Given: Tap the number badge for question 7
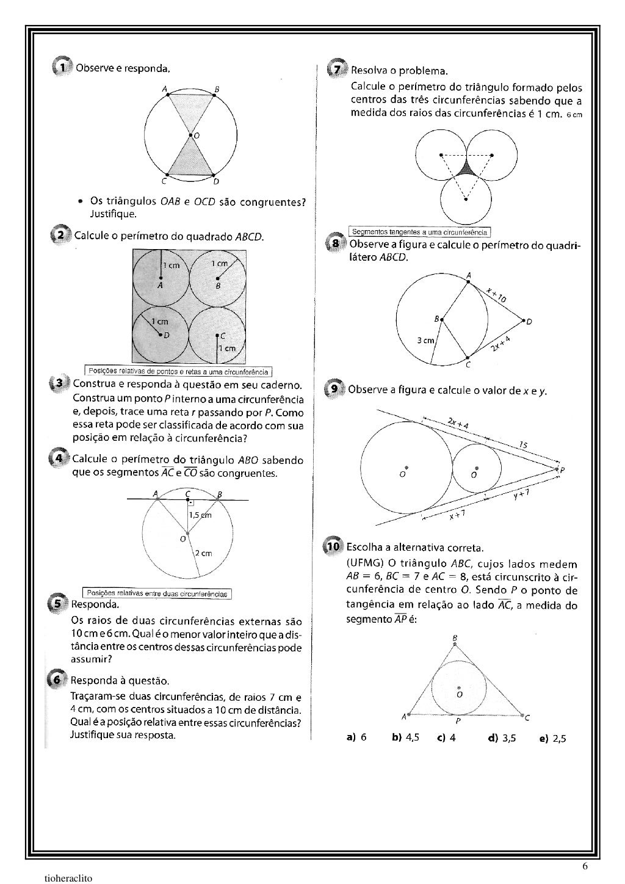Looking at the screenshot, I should click(336, 68).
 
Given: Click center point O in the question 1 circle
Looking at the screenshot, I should click(190, 134).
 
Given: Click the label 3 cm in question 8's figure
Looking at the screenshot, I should click(425, 340).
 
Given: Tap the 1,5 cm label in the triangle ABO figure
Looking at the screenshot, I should click(200, 515).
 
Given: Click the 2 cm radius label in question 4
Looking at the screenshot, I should click(203, 553).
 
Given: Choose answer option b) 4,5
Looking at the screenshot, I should click(405, 737).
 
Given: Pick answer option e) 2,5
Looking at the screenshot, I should click(553, 738).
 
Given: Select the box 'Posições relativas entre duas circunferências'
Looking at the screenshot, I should click(157, 593).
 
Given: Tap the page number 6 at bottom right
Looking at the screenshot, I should click(585, 866).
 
